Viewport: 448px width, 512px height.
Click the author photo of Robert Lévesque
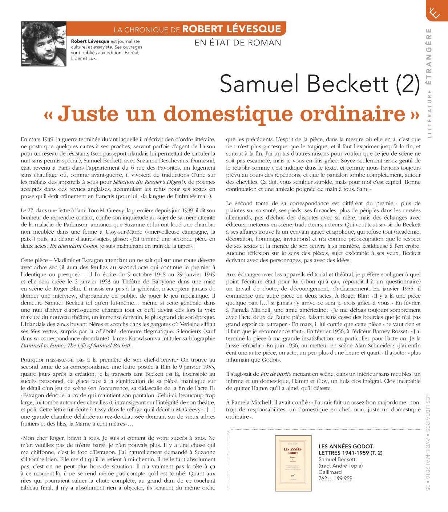(44, 44)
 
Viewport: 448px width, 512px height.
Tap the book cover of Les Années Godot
(293, 464)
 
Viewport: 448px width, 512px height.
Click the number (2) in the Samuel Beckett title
(407, 84)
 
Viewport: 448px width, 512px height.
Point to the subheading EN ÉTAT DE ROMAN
(238, 43)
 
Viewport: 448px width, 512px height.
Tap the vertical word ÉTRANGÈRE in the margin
(429, 56)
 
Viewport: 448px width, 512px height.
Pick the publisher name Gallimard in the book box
(330, 472)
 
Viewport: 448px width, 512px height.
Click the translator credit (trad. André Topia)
(340, 466)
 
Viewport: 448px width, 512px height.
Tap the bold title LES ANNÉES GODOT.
(346, 446)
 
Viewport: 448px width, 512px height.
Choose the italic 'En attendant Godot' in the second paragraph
(74, 246)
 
